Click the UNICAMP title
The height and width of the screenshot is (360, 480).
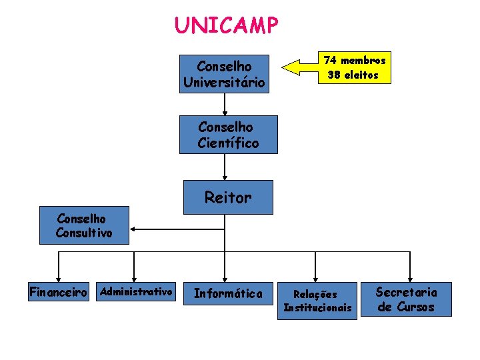tap(227, 25)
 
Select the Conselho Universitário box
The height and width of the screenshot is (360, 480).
tap(225, 74)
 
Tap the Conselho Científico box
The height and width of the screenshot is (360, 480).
tap(228, 135)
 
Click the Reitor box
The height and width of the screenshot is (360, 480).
tap(228, 197)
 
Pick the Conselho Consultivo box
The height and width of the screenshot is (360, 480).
tap(84, 226)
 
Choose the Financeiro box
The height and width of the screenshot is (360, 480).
tap(59, 293)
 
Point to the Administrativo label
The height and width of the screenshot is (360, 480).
tap(136, 291)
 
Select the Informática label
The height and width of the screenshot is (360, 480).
tap(228, 293)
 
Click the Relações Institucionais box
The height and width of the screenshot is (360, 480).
tap(317, 301)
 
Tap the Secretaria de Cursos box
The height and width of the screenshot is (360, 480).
tap(405, 299)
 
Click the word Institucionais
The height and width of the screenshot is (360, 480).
tap(317, 307)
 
